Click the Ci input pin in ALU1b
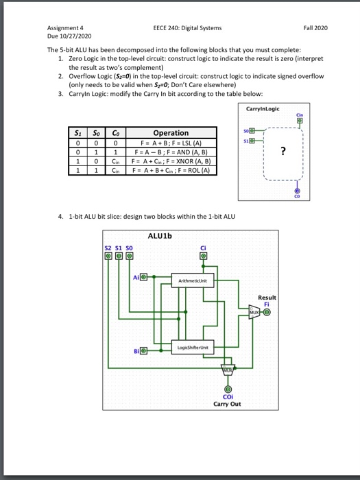click(x=203, y=256)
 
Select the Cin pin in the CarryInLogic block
click(x=300, y=121)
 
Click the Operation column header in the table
click(x=171, y=133)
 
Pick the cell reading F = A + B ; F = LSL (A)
click(x=171, y=143)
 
